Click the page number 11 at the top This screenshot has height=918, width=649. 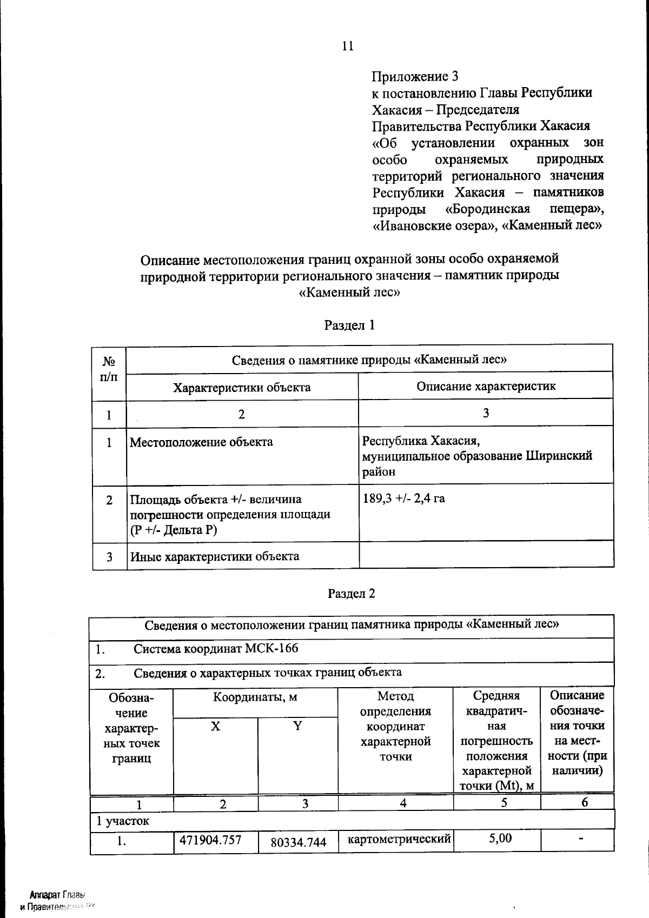click(348, 46)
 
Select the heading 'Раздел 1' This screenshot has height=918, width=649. click(349, 325)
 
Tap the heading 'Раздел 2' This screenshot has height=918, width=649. click(351, 593)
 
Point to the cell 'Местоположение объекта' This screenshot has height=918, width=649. click(201, 442)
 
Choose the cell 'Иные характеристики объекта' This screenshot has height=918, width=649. click(214, 556)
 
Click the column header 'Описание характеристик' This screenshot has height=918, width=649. click(486, 386)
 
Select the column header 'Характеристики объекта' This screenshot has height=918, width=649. click(241, 388)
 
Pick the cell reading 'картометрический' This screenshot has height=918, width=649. click(399, 840)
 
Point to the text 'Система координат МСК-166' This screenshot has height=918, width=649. click(216, 648)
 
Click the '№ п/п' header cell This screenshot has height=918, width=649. click(109, 369)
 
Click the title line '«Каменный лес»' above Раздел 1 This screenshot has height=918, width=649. click(349, 292)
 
